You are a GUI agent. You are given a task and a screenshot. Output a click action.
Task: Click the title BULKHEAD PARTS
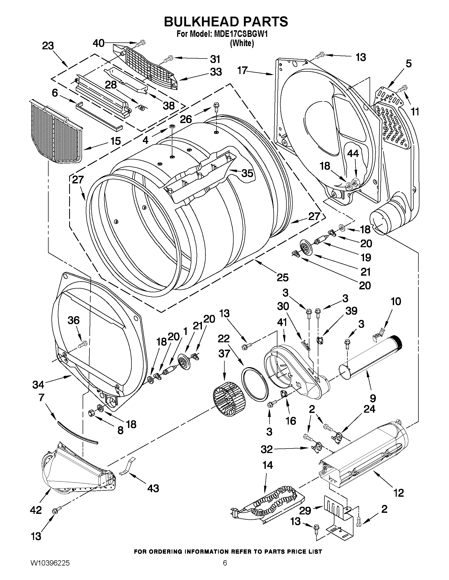point(226,22)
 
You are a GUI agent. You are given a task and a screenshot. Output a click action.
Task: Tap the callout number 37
point(224,353)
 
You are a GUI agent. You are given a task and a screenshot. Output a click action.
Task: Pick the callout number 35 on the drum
point(247,173)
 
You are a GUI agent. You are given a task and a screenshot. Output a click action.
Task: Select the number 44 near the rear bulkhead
point(353,154)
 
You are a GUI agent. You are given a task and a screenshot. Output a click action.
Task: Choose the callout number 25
point(282,277)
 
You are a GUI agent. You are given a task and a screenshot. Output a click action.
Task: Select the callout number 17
point(243,71)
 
